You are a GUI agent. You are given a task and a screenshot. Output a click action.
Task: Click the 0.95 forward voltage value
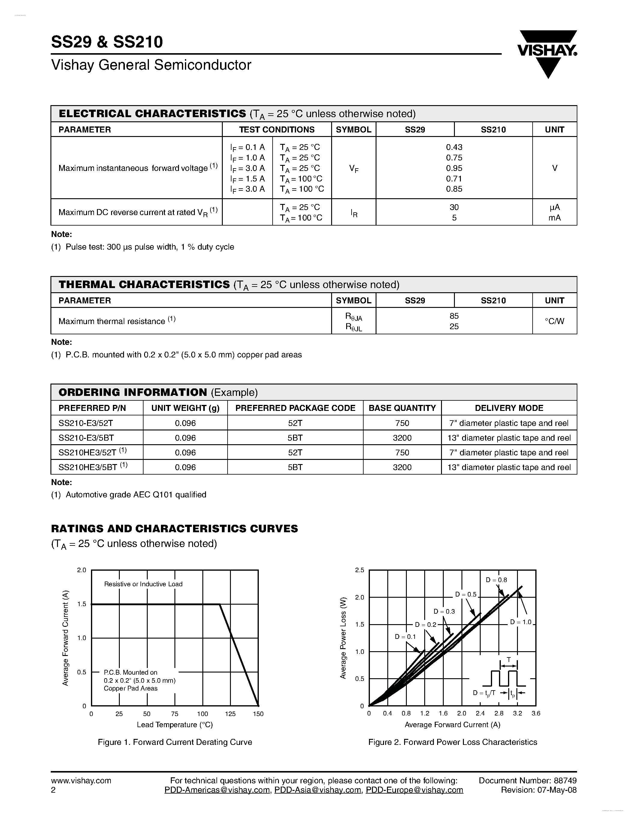454,168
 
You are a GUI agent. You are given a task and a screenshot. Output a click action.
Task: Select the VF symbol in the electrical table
354,169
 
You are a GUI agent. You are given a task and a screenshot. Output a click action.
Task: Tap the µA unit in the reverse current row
555,207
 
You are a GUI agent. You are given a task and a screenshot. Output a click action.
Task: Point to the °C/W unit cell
555,321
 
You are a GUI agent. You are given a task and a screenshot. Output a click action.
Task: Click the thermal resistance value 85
454,316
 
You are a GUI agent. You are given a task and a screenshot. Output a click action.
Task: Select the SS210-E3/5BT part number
86,438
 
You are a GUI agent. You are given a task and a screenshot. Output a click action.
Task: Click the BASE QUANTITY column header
402,408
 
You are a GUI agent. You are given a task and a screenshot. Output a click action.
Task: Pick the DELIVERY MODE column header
509,408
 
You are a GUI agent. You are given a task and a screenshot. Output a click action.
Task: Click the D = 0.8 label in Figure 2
496,580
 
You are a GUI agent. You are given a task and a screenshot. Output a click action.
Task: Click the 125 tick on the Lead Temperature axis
230,714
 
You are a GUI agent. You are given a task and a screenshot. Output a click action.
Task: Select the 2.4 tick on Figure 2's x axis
480,714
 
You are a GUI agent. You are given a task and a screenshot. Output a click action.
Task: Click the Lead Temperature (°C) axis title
175,725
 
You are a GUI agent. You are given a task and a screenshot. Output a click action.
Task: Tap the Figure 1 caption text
175,742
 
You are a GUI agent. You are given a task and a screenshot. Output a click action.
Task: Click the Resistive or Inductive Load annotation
143,584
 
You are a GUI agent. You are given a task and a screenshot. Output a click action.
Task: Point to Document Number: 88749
528,780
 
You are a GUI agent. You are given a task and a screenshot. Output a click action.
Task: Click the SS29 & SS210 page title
107,42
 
